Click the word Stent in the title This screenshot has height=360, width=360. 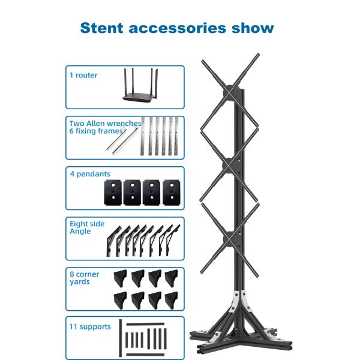102,28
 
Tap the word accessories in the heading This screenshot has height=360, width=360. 178,28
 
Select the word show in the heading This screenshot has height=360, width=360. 253,28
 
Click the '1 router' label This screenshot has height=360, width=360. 83,75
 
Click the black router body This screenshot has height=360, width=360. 139,98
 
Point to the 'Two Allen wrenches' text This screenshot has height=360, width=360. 105,123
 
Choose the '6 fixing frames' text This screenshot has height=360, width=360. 96,131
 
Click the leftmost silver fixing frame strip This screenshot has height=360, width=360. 143,136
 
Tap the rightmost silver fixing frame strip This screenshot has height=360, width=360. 176,136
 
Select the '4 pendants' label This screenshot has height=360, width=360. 90,174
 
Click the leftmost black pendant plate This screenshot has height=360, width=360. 113,193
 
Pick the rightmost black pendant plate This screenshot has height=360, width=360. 172,193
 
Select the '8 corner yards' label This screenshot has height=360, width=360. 84,278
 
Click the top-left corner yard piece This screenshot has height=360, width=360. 121,278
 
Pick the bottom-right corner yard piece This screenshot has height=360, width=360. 172,300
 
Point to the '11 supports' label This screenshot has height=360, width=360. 90,327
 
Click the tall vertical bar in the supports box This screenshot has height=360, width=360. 121,338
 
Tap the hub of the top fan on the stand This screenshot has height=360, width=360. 229,92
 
